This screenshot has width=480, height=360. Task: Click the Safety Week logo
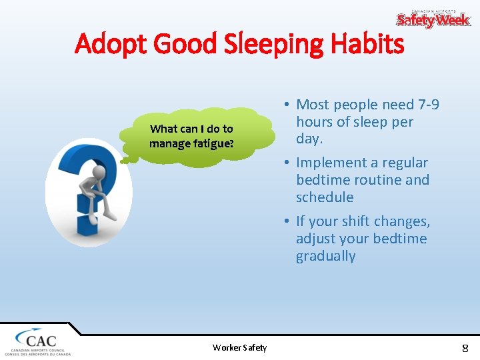[x=433, y=19]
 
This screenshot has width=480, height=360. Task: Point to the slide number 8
[x=465, y=347]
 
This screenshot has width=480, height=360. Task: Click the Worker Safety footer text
[x=239, y=347]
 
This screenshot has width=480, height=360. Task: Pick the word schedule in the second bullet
[x=325, y=197]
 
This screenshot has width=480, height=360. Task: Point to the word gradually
[x=326, y=256]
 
